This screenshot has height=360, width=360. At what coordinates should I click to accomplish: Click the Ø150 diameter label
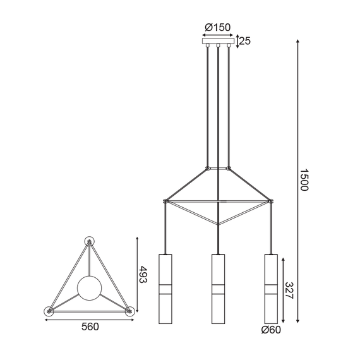click(217, 28)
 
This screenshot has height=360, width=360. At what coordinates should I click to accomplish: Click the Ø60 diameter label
click(270, 329)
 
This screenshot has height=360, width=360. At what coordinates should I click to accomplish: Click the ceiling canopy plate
click(217, 42)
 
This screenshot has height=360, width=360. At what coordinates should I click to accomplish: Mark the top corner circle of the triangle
click(88, 241)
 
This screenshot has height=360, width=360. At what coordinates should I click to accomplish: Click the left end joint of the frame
click(165, 201)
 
